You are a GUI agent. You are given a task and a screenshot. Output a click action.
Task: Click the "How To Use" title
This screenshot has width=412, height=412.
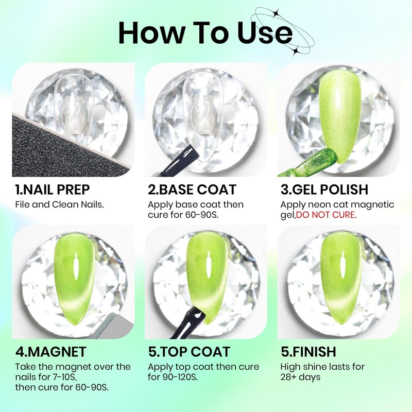(205, 33)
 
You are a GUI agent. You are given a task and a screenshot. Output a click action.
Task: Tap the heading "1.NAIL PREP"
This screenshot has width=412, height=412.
(53, 190)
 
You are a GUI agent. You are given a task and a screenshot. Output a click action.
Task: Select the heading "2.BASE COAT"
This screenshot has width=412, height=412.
(192, 190)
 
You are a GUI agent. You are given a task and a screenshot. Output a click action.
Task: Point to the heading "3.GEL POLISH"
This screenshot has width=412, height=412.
(324, 190)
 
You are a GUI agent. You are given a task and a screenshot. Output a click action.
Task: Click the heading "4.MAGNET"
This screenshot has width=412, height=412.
(51, 352)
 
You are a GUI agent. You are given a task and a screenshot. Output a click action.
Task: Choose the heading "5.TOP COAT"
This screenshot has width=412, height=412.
(189, 352)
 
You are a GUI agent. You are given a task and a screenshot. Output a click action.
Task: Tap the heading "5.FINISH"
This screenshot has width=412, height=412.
(308, 352)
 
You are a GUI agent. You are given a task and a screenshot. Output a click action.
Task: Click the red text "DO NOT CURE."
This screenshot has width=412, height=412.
(326, 215)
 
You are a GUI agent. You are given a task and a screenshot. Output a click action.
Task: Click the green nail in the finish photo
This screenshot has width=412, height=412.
(341, 279)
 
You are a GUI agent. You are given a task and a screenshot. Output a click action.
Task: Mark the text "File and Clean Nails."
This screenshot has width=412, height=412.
(59, 204)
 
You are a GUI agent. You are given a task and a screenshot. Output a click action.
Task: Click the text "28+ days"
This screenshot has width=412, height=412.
(300, 377)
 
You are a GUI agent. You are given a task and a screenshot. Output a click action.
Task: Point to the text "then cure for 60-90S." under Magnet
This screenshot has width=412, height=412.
(62, 387)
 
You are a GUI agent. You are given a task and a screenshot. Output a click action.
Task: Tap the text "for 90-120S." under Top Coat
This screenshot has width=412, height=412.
(173, 377)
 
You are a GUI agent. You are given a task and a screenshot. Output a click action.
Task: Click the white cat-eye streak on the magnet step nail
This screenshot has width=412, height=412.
(76, 267)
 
